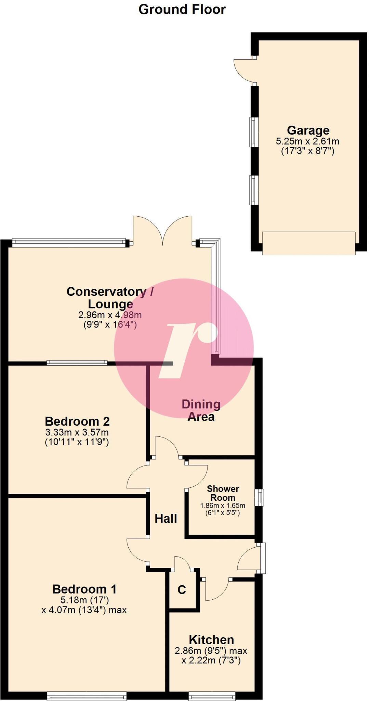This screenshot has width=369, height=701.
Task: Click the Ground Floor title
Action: [x=182, y=9]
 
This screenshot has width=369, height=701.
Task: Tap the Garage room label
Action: [x=308, y=130]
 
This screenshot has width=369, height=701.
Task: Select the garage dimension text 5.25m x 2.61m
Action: [x=307, y=141]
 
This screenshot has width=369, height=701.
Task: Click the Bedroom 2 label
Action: [x=77, y=421]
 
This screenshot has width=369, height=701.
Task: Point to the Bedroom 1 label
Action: [x=84, y=589]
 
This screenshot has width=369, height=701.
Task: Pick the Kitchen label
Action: [x=211, y=640]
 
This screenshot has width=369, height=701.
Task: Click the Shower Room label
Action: [x=223, y=493]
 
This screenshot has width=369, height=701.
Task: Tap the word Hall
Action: [x=166, y=519]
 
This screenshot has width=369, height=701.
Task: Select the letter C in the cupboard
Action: [x=182, y=589]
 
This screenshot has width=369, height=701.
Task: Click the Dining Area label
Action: [x=201, y=410]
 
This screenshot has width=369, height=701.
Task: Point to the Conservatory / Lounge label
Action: [x=110, y=297]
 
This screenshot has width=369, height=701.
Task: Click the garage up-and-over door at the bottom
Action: [x=308, y=243]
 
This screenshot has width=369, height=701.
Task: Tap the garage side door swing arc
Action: [x=243, y=70]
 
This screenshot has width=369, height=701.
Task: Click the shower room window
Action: [x=261, y=497]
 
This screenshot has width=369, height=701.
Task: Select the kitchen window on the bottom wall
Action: [x=212, y=696]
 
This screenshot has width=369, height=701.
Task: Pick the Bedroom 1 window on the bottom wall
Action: [x=87, y=696]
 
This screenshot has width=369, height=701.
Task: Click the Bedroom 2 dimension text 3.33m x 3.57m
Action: [x=77, y=432]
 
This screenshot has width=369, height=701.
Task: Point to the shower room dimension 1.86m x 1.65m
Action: [x=223, y=506]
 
